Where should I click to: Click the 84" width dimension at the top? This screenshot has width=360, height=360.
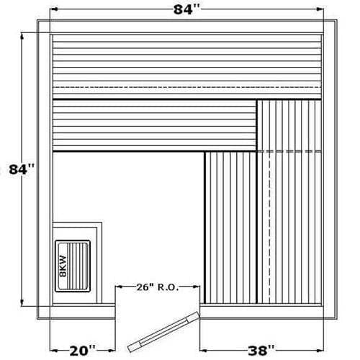coord(186,10)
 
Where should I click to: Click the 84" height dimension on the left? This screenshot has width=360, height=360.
coord(22,169)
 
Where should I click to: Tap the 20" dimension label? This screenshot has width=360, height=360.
coord(82,351)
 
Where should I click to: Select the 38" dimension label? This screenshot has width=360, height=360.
coord(261,351)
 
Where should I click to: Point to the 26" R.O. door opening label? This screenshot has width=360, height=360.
coord(158,287)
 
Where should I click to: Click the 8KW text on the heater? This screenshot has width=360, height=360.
coord(63,266)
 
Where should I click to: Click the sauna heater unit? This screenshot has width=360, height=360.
coord(73,266)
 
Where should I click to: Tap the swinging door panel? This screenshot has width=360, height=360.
coord(163,332)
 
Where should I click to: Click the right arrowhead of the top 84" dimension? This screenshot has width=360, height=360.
coord(320,9)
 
